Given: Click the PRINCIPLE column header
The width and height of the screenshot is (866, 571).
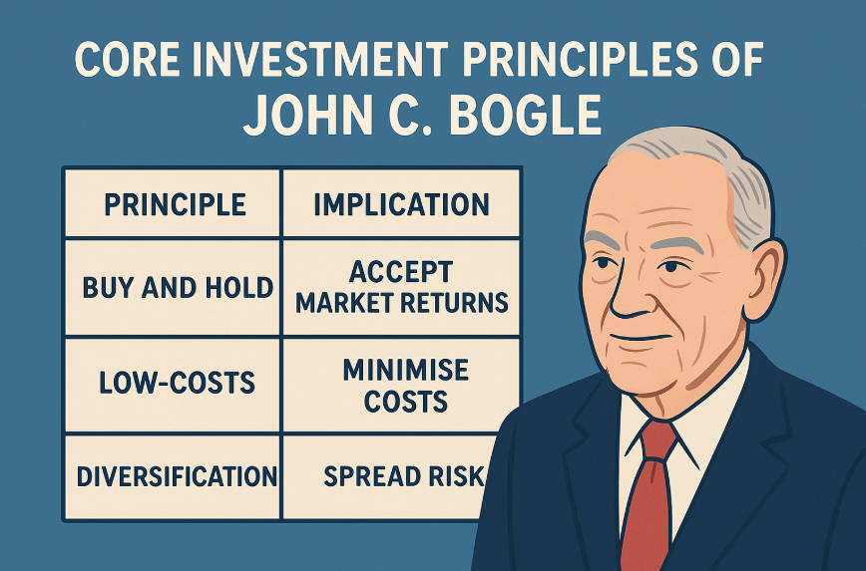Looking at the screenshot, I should (x=175, y=204).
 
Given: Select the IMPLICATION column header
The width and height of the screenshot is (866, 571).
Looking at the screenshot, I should (x=401, y=204).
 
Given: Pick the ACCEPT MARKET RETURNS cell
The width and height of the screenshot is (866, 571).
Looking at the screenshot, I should (x=401, y=287).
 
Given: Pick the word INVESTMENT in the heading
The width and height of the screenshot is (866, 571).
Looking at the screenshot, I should (x=322, y=64).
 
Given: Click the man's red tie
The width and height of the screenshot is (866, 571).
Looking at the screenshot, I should (x=647, y=488).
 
